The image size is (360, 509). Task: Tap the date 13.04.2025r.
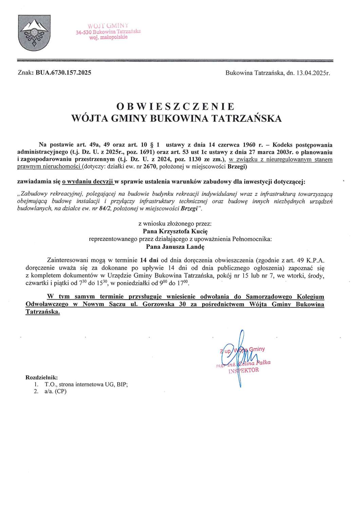click(311, 73)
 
